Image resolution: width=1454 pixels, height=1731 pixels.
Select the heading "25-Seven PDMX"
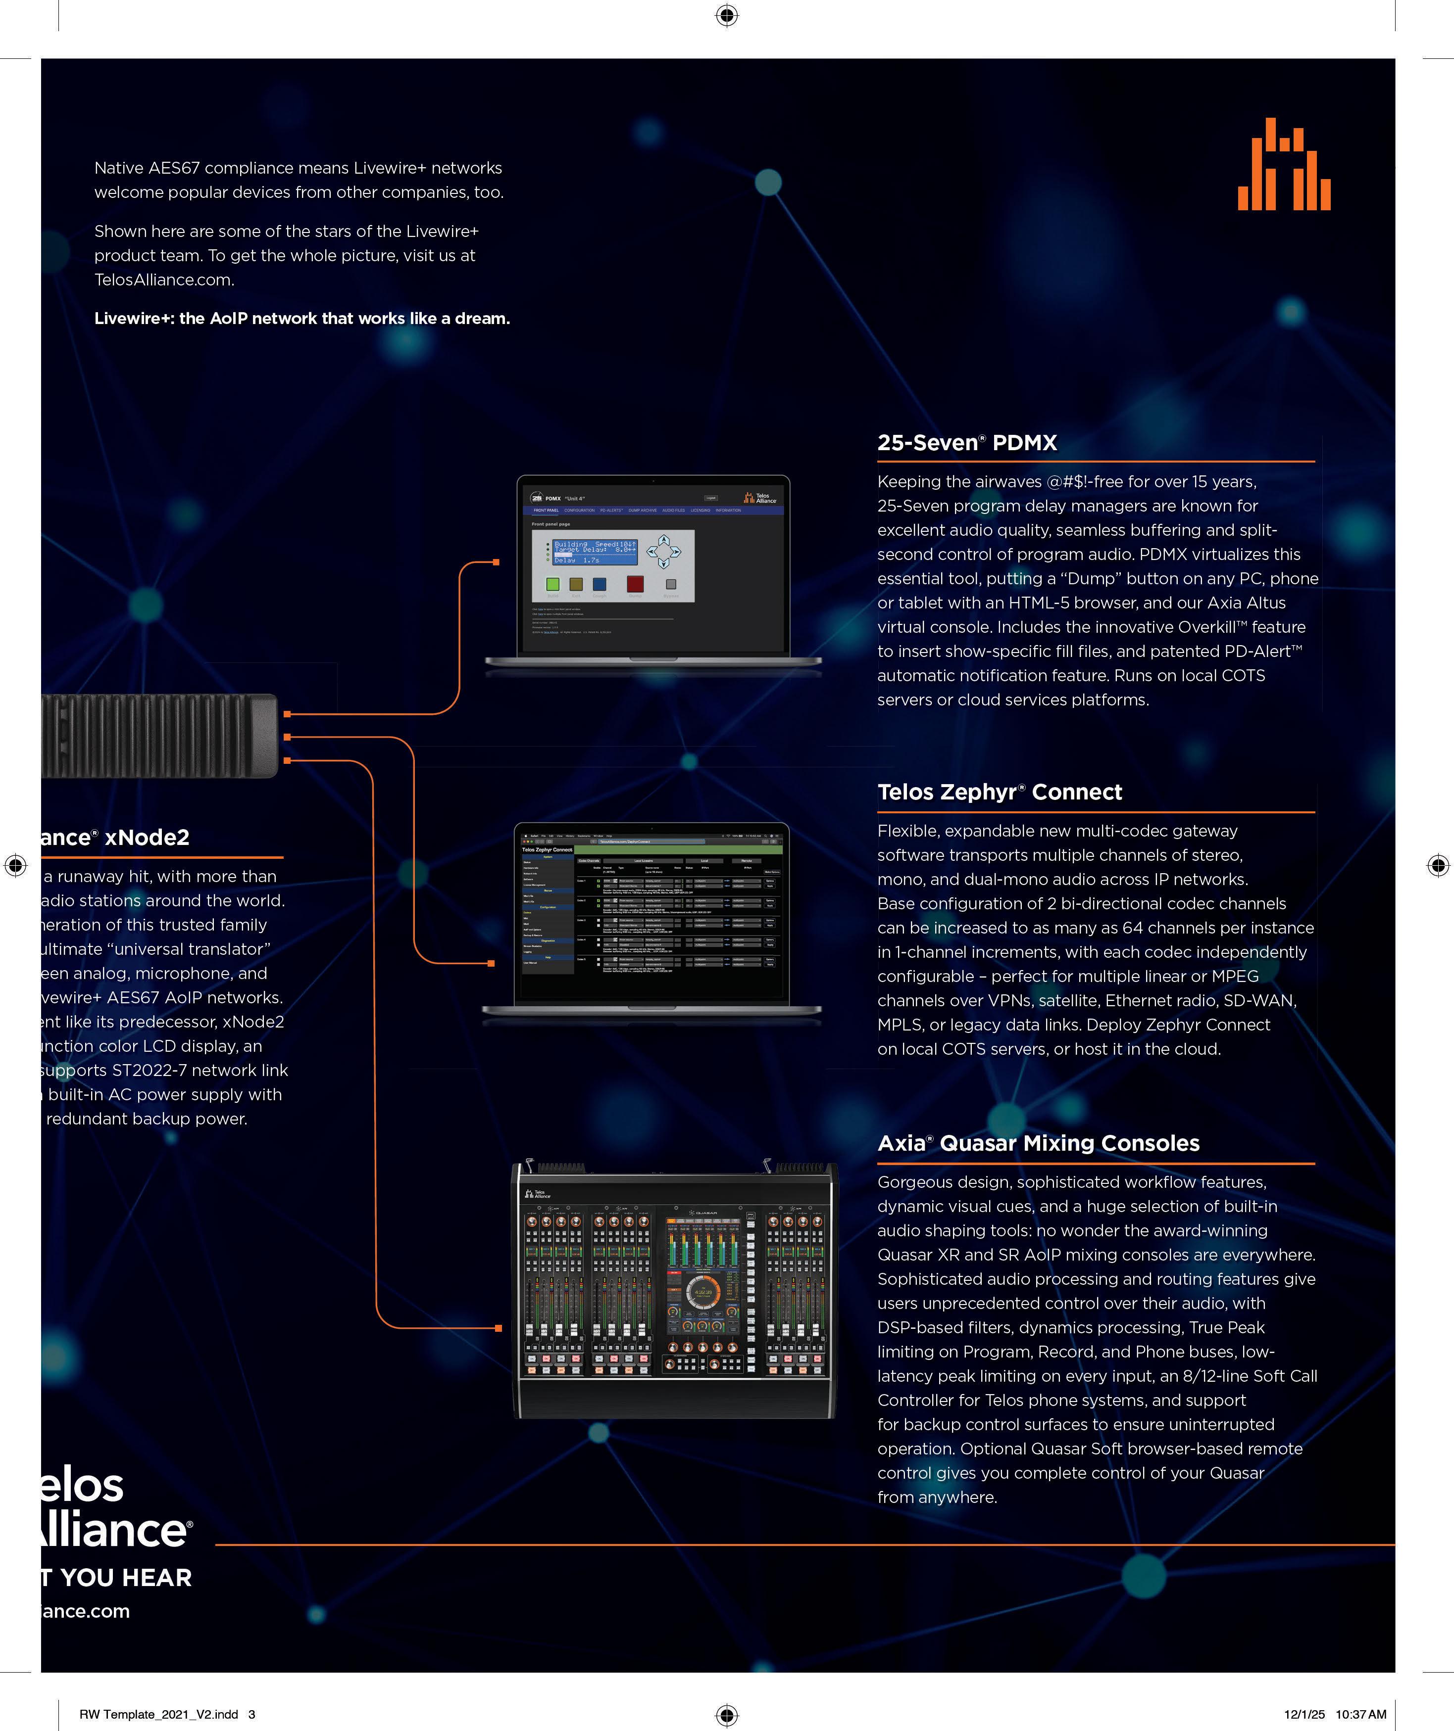click(966, 443)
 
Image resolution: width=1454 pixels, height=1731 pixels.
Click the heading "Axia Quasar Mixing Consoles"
click(1038, 1143)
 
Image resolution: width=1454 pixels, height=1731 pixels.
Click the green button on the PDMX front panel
click(552, 584)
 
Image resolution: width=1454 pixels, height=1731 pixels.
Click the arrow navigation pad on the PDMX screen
click(664, 552)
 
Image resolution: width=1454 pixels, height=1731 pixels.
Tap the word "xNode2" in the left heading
click(147, 838)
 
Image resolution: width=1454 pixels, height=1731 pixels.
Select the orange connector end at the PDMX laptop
click(496, 562)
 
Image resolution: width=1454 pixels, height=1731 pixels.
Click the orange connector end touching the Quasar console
click(498, 1328)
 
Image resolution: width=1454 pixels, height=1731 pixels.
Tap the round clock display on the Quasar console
click(702, 1292)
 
